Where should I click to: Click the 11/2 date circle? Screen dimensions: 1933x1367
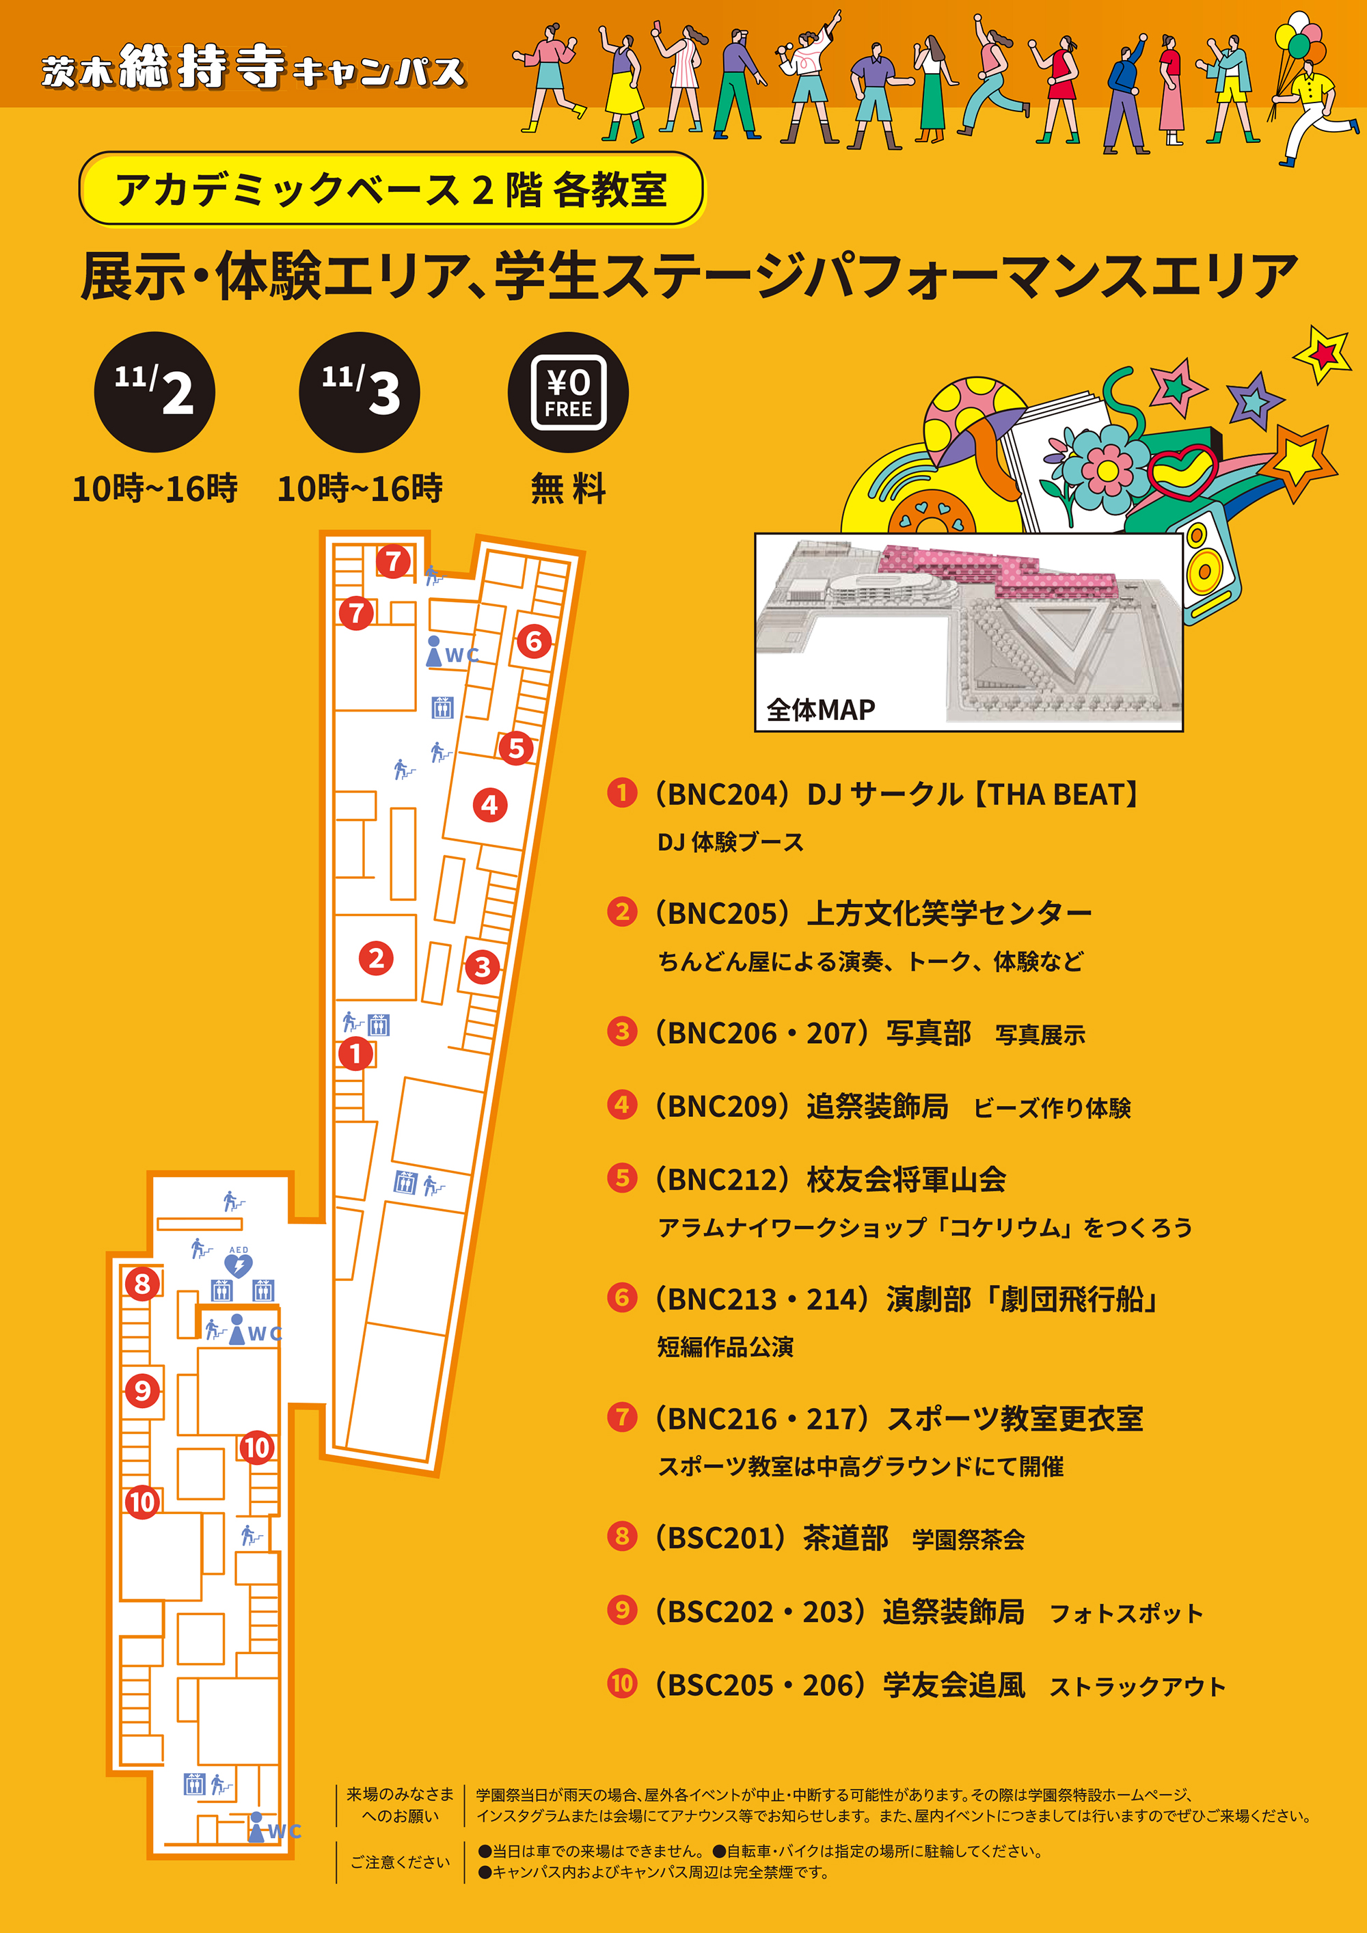[154, 392]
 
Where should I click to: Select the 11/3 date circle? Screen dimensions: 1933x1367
[360, 392]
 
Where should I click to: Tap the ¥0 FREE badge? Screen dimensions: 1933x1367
[568, 392]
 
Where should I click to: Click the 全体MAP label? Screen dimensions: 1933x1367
[820, 709]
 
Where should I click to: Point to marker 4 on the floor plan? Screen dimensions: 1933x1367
[490, 805]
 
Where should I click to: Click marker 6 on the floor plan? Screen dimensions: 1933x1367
[534, 642]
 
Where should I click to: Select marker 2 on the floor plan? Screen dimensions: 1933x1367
[376, 958]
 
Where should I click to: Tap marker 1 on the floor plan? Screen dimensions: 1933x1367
[356, 1053]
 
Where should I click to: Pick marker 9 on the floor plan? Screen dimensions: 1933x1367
[142, 1390]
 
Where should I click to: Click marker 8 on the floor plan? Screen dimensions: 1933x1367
[142, 1284]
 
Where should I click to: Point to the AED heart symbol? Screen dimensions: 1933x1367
[239, 1265]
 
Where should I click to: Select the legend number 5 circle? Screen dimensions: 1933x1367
[622, 1178]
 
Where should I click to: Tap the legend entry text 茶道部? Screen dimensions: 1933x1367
[845, 1538]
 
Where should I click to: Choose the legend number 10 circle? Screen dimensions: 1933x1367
[622, 1684]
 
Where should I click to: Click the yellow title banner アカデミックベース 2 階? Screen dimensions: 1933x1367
[392, 189]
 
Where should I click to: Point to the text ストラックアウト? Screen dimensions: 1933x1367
[1137, 1686]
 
